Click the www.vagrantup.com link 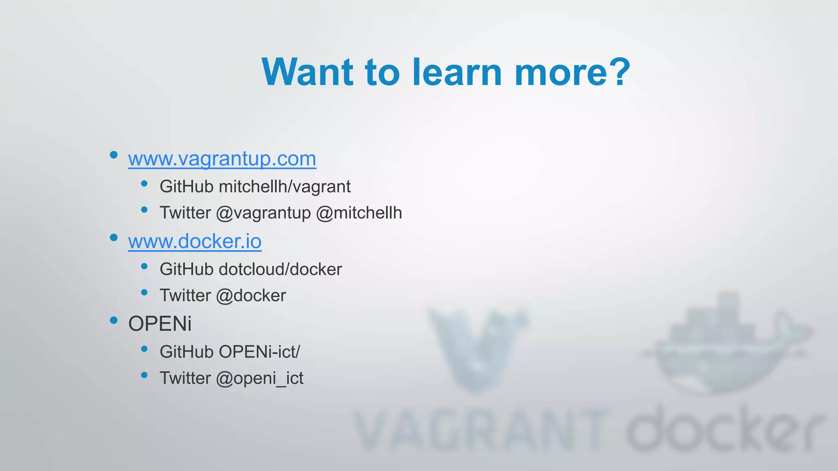tap(222, 159)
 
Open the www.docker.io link tap(195, 241)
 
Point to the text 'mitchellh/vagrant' tap(285, 187)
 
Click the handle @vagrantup tap(264, 213)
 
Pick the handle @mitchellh tap(359, 213)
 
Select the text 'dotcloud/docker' tap(280, 269)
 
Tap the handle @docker tap(251, 296)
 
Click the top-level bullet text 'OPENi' tap(160, 324)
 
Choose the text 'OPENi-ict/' tap(259, 352)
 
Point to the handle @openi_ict tap(259, 378)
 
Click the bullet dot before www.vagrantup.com tap(114, 155)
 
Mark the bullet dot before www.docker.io tap(114, 238)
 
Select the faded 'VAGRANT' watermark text tap(479, 431)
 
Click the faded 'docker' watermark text tap(724, 429)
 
